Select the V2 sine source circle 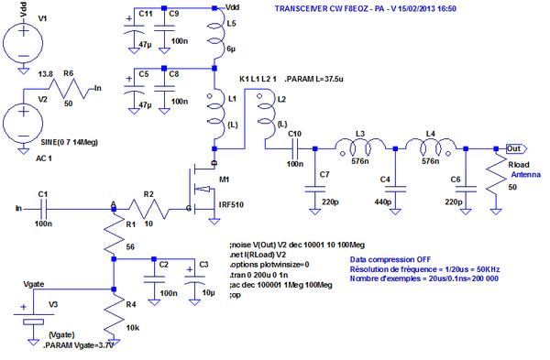[21, 121]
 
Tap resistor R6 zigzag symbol [70, 89]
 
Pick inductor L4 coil [434, 147]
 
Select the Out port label [515, 147]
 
